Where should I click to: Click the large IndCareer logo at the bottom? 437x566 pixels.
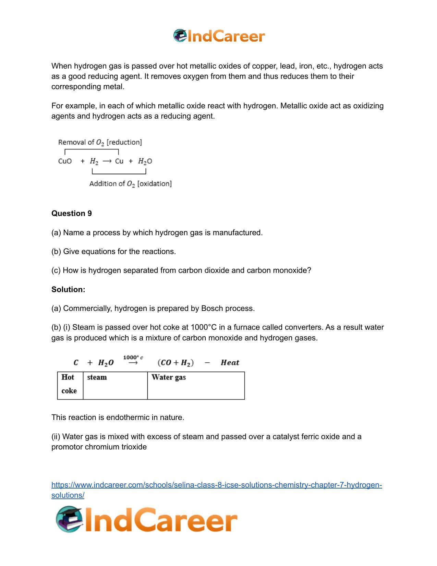click(147, 520)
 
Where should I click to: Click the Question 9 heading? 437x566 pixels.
click(72, 214)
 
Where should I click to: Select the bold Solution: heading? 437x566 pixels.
click(68, 290)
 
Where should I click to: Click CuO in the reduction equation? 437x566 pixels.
click(65, 161)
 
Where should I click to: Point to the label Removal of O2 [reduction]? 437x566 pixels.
click(100, 142)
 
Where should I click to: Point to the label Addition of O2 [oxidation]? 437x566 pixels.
click(130, 184)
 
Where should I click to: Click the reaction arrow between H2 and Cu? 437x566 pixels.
click(107, 161)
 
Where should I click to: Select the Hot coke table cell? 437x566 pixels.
click(70, 385)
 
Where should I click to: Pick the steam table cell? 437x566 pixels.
click(115, 385)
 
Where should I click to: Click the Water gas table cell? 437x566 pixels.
click(196, 385)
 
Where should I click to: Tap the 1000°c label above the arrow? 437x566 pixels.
click(133, 358)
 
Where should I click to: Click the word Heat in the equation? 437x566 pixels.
click(230, 363)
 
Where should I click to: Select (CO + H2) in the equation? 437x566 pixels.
click(175, 363)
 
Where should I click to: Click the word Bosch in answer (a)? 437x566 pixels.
click(212, 309)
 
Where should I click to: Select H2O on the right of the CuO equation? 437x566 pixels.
click(145, 161)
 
